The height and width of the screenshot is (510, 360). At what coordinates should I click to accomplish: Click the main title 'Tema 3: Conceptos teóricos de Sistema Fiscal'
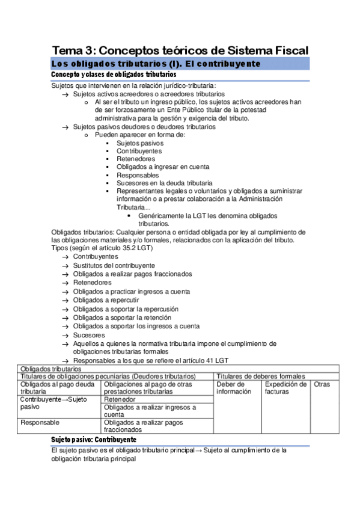click(x=180, y=50)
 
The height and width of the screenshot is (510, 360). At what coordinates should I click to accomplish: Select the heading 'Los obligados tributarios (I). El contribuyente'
click(x=156, y=64)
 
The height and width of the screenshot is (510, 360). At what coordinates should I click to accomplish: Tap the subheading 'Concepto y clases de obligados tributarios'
click(x=114, y=75)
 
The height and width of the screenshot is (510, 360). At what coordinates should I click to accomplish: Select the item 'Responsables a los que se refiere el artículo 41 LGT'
click(x=151, y=361)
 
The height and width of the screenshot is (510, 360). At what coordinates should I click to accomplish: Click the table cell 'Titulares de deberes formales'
click(x=261, y=376)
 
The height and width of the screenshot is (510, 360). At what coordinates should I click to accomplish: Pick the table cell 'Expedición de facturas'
click(x=285, y=388)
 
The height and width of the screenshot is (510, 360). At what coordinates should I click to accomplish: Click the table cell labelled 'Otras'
click(x=322, y=384)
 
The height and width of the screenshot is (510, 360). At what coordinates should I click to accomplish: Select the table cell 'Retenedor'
click(x=120, y=399)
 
